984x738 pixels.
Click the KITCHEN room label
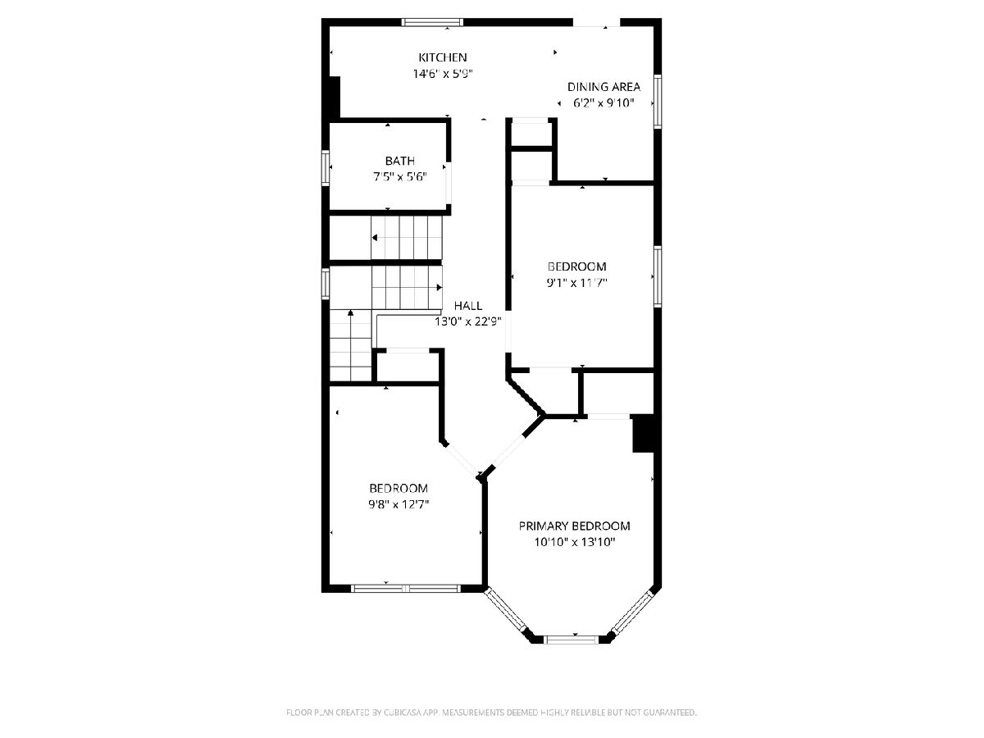(x=443, y=57)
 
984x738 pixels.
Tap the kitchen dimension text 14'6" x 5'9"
(x=443, y=74)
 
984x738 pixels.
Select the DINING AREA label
(x=604, y=87)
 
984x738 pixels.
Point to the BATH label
(x=400, y=161)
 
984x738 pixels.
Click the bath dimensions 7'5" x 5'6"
(x=400, y=177)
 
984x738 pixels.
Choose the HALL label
(x=468, y=306)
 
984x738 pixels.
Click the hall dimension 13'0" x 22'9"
(x=468, y=321)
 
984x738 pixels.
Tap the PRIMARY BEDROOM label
(x=574, y=526)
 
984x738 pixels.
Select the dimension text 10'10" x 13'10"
(x=574, y=542)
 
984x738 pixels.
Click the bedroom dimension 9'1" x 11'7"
(x=577, y=283)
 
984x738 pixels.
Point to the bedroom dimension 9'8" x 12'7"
(x=399, y=504)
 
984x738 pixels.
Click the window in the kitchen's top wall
(x=432, y=22)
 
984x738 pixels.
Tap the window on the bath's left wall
(x=326, y=168)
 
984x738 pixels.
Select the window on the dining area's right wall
(x=658, y=102)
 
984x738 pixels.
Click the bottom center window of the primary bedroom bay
(x=571, y=640)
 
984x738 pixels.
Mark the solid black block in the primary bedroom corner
(x=644, y=434)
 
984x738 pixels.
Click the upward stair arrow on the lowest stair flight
(x=351, y=345)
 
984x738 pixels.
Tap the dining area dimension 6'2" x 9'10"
(x=604, y=103)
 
